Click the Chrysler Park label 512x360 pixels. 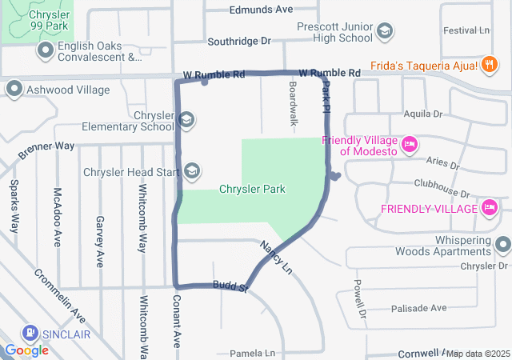tap(252, 189)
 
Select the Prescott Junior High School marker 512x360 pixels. tap(385, 31)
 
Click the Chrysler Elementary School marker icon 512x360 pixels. tap(186, 121)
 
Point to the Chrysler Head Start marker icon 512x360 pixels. tap(192, 171)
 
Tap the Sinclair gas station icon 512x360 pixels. tap(30, 334)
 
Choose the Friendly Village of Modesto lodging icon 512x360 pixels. tap(409, 144)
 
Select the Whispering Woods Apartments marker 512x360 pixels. tap(502, 245)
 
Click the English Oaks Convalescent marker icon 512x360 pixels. tap(46, 51)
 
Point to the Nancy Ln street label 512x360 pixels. tap(274, 257)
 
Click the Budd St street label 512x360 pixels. tap(229, 286)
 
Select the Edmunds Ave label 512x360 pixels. tap(261, 10)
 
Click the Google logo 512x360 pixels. tap(26, 350)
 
